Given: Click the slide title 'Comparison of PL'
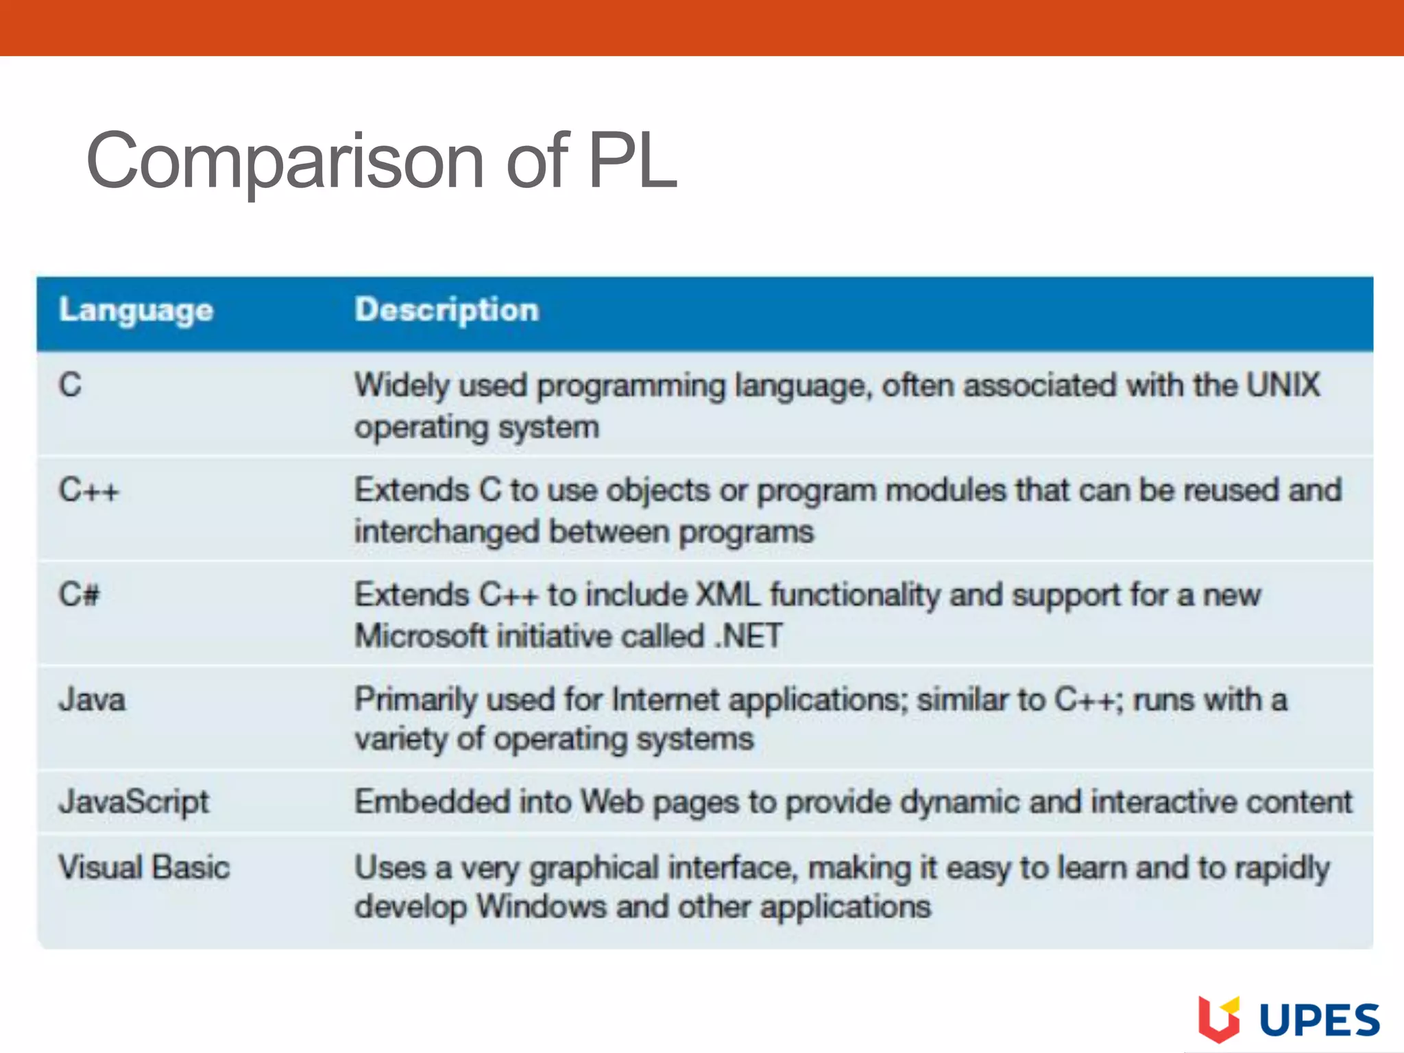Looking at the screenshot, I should click(x=382, y=161).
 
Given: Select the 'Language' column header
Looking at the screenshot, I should click(x=136, y=311).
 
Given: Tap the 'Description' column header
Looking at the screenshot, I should click(x=447, y=311).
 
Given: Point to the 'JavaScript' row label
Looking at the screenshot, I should click(x=134, y=802).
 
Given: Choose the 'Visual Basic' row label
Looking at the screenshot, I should click(x=144, y=867).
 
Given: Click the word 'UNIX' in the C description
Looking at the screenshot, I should click(x=1283, y=385).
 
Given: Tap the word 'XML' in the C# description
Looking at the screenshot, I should click(x=727, y=595).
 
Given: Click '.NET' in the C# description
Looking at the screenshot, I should click(x=748, y=636).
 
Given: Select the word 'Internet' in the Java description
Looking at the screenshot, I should click(x=664, y=700).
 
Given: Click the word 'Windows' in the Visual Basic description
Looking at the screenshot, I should click(x=542, y=907).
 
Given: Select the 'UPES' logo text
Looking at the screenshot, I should click(x=1320, y=1021).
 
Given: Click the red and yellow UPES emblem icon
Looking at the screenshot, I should click(x=1219, y=1019).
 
